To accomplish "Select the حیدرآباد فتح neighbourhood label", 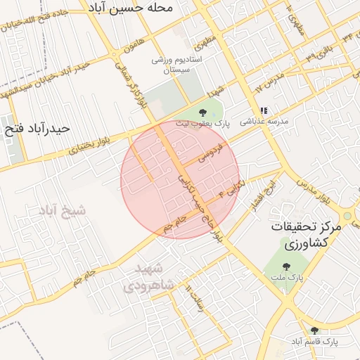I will click(37, 129).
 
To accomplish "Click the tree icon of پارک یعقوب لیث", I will click(203, 112).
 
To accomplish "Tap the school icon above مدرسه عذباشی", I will click(264, 110).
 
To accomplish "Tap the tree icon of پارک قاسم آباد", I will click(314, 330).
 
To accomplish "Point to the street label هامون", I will click(127, 47).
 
